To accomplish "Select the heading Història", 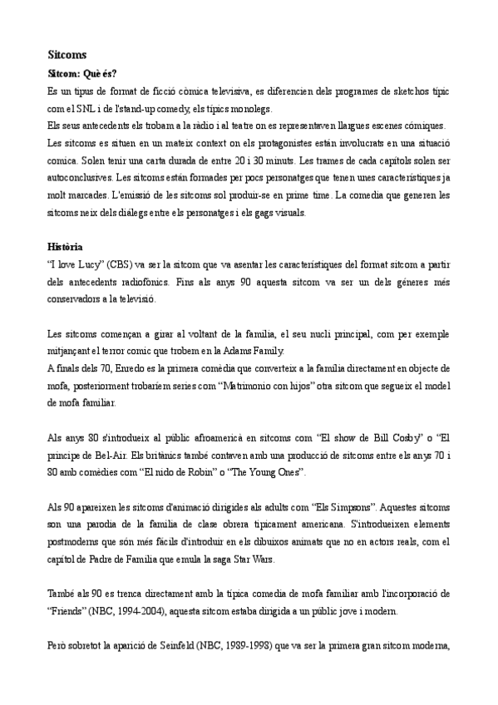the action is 65,247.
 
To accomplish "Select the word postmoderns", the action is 76,543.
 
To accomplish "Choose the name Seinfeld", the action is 160,647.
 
